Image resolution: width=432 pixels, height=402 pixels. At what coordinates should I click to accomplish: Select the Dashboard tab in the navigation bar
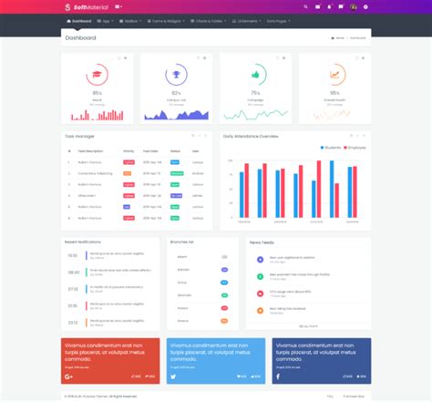click(80, 19)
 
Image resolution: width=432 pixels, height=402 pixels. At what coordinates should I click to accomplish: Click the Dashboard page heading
click(80, 38)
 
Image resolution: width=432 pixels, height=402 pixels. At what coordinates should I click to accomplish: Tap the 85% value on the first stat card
click(98, 93)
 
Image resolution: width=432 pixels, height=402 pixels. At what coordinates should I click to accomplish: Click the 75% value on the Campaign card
click(255, 93)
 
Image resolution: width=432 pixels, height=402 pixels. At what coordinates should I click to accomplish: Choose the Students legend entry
click(331, 147)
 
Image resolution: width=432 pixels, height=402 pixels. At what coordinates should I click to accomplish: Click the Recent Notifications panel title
click(83, 242)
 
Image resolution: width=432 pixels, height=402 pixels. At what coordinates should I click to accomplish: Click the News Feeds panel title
click(262, 242)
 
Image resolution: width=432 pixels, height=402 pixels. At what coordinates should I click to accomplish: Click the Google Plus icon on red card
click(69, 376)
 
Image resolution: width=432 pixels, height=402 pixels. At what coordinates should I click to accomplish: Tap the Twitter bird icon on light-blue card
click(173, 376)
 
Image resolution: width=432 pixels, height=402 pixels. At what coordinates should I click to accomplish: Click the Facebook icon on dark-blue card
click(278, 376)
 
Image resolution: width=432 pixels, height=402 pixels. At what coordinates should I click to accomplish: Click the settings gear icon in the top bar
click(366, 6)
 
